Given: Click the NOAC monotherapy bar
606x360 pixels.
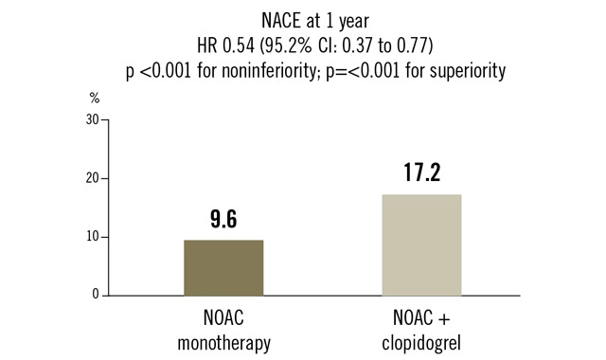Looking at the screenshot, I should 223,267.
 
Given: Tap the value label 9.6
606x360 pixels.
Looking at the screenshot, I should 223,221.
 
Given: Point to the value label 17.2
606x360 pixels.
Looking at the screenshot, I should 421,174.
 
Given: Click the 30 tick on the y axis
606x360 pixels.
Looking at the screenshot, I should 92,120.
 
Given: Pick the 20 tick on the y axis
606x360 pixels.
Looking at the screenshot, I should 92,178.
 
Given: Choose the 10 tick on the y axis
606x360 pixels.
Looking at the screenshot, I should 92,237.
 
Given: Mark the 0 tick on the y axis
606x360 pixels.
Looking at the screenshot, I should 95,295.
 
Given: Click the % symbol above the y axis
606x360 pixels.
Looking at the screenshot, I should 94,98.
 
